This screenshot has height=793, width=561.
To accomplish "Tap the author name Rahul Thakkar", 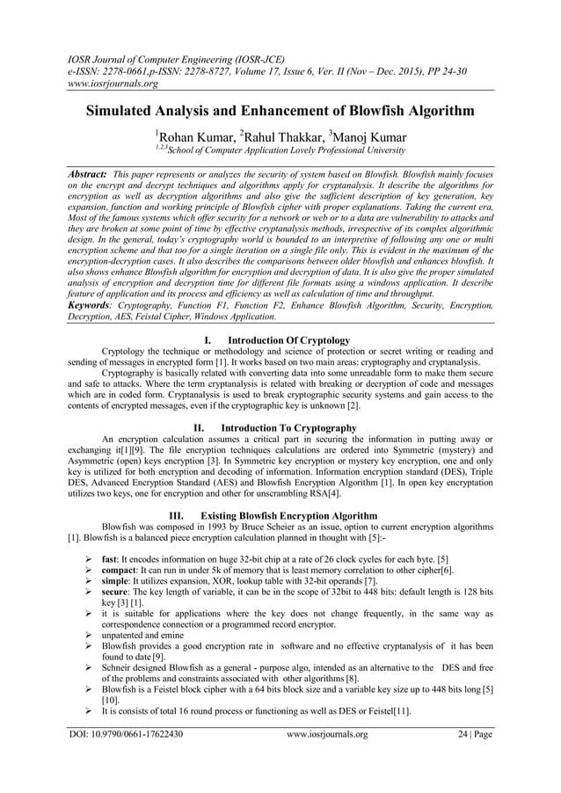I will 278,136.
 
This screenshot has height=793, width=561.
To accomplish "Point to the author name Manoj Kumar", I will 364,136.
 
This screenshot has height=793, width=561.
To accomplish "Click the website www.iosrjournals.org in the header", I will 108,84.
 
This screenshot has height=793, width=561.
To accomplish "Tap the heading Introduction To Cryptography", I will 291,427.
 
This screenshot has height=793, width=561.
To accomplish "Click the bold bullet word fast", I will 110,559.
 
